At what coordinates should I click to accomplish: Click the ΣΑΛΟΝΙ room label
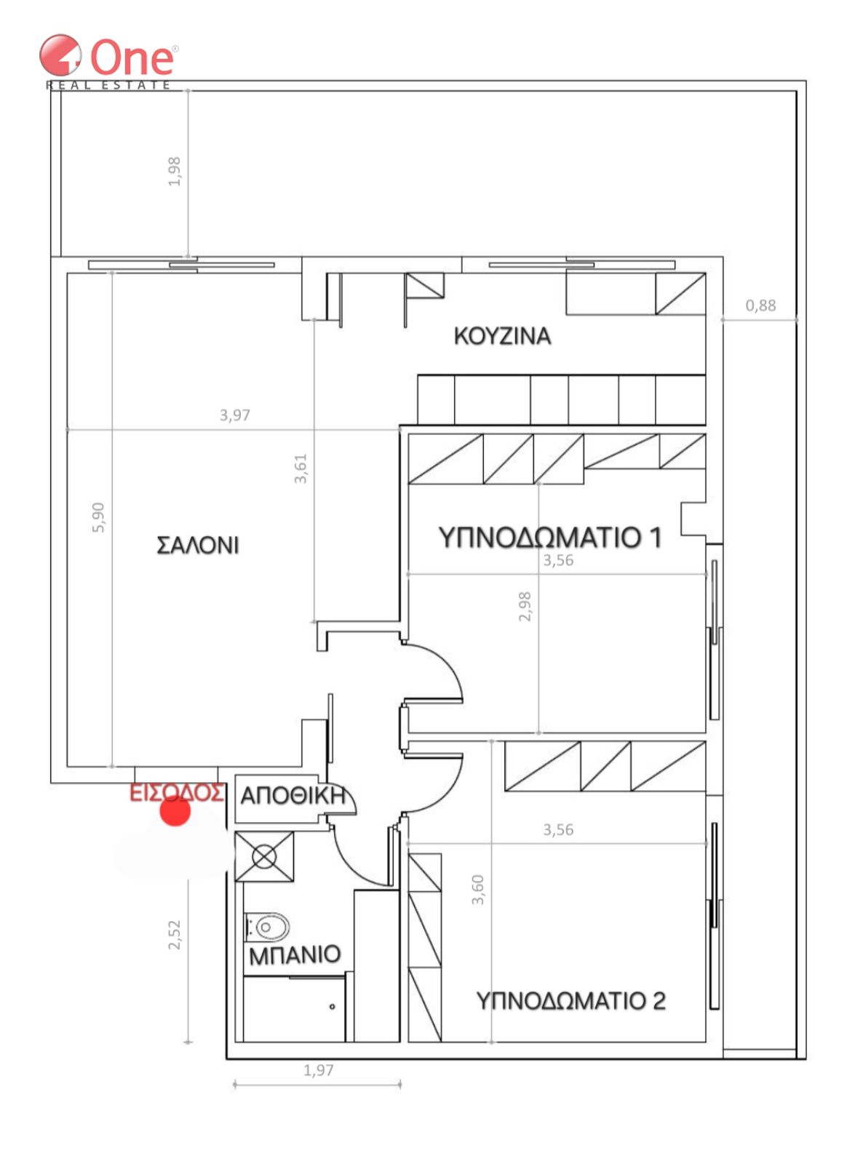tap(197, 545)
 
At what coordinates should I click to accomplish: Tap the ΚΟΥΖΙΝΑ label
tap(502, 335)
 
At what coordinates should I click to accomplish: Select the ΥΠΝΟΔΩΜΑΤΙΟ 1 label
tap(550, 537)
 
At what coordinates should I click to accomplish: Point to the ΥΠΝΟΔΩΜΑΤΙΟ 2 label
tap(570, 1000)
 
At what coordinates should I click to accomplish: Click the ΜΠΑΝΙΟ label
tap(295, 954)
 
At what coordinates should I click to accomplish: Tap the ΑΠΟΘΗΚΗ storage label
tap(293, 796)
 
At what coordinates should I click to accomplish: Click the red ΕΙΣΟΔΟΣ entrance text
tap(177, 792)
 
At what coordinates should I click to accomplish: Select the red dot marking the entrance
tap(175, 812)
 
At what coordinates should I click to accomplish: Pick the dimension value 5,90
tap(98, 517)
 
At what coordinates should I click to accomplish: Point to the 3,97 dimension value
tap(235, 415)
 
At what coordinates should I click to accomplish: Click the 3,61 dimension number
tap(301, 469)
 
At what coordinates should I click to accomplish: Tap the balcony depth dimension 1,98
tap(174, 172)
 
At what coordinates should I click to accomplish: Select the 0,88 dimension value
tap(760, 305)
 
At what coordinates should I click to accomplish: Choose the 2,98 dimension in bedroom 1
tap(525, 607)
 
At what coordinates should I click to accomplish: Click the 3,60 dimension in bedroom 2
tap(477, 890)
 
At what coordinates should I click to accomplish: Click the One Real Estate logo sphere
tap(60, 55)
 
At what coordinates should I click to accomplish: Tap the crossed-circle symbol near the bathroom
tap(264, 856)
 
